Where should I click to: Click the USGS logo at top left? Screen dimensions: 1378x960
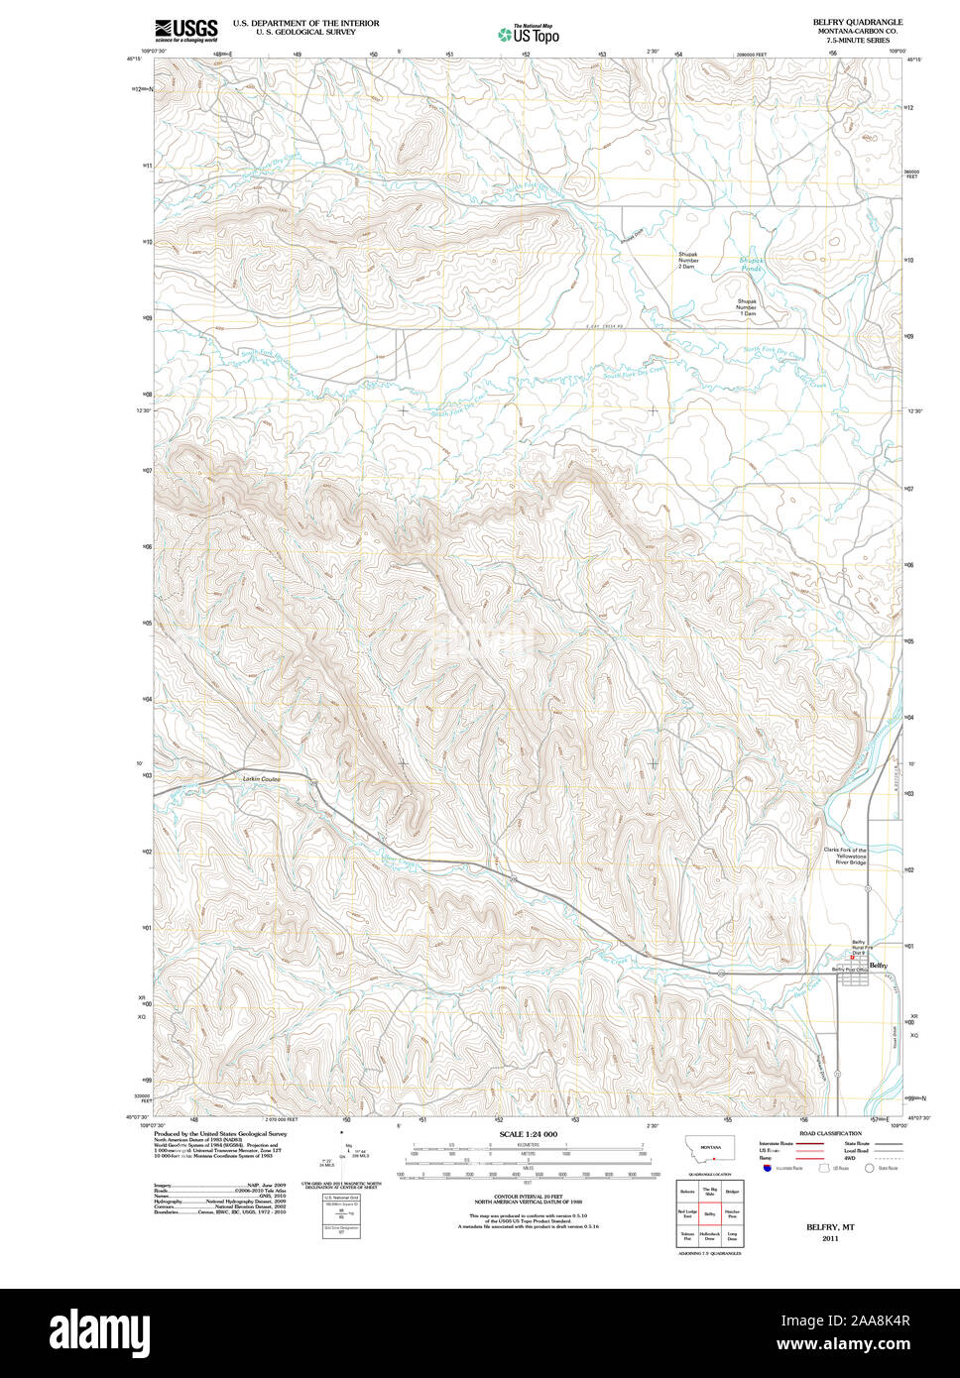click(x=185, y=30)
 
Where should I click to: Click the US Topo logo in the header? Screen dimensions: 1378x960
click(x=529, y=34)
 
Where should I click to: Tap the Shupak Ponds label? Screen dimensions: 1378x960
click(x=752, y=265)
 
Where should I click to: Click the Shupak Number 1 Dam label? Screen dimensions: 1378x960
click(x=747, y=306)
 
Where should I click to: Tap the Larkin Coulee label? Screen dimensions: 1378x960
click(x=262, y=779)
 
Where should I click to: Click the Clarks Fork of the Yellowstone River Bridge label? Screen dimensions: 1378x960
click(x=845, y=857)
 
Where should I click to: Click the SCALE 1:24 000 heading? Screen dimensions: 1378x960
click(x=528, y=1134)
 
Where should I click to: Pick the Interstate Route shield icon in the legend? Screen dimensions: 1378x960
click(x=769, y=1169)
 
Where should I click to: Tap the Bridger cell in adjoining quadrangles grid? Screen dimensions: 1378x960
click(x=732, y=1191)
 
